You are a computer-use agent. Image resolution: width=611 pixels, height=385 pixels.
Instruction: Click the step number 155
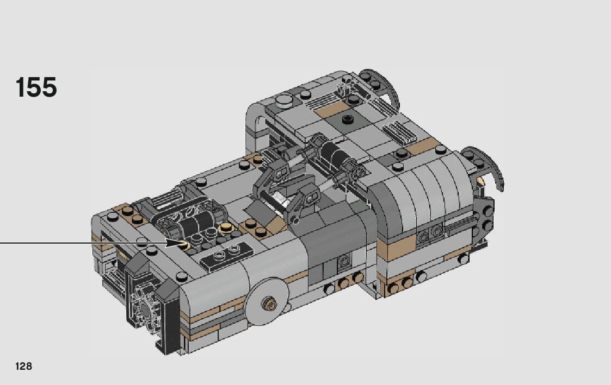pyautogui.click(x=36, y=87)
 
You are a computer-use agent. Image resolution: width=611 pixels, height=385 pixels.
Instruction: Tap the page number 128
pyautogui.click(x=24, y=366)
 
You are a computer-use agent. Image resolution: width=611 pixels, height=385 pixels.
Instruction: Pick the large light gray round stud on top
pyautogui.click(x=283, y=100)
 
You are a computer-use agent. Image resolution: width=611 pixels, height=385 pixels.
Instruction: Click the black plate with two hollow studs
pyautogui.click(x=226, y=256)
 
